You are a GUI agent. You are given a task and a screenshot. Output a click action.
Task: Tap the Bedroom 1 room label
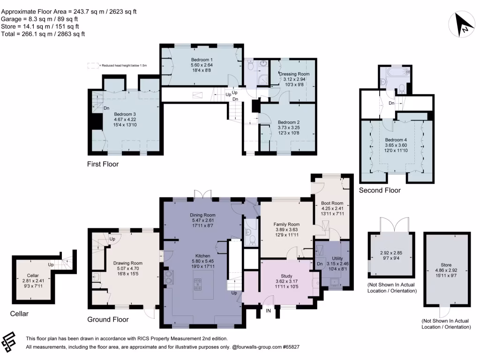pyautogui.click(x=202, y=60)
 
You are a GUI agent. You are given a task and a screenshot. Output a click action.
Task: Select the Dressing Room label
pyautogui.click(x=294, y=74)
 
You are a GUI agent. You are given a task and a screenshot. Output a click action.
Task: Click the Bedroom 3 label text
pyautogui.click(x=124, y=113)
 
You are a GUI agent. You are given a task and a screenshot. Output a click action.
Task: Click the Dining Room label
pyautogui.click(x=203, y=215)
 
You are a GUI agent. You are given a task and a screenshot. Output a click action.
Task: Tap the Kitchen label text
pyautogui.click(x=202, y=255)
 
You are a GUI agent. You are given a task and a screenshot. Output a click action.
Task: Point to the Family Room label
pyautogui.click(x=286, y=224)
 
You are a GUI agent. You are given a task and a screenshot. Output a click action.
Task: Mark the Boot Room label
pyautogui.click(x=332, y=203)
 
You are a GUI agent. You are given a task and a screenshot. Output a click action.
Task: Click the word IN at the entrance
pyautogui.click(x=269, y=311)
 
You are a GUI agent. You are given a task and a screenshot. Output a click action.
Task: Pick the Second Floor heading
pyautogui.click(x=380, y=190)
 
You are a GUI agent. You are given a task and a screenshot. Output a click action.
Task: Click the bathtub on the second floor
pyautogui.click(x=396, y=73)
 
